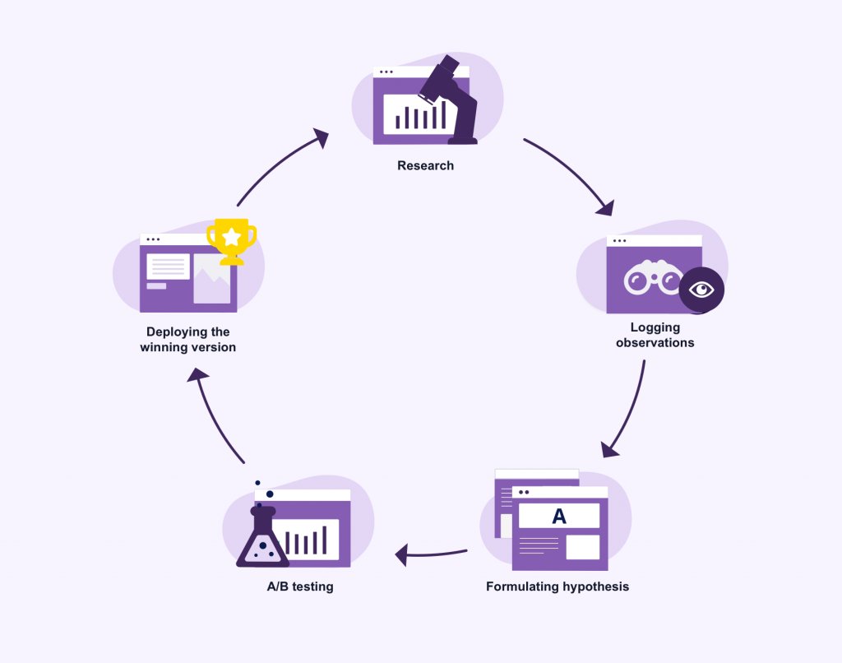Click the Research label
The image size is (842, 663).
pyautogui.click(x=425, y=165)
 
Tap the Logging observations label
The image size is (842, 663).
pyautogui.click(x=655, y=335)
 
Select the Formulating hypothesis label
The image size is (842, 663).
pyautogui.click(x=557, y=586)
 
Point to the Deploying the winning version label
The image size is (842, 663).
pyautogui.click(x=187, y=340)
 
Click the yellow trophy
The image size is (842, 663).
pyautogui.click(x=231, y=241)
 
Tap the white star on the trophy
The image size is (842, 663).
pyautogui.click(x=232, y=236)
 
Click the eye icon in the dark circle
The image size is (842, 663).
pyautogui.click(x=701, y=290)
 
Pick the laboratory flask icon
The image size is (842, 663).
pyautogui.click(x=262, y=539)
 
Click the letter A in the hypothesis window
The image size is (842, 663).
pyautogui.click(x=559, y=517)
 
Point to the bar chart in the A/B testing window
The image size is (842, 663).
pyautogui.click(x=307, y=540)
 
